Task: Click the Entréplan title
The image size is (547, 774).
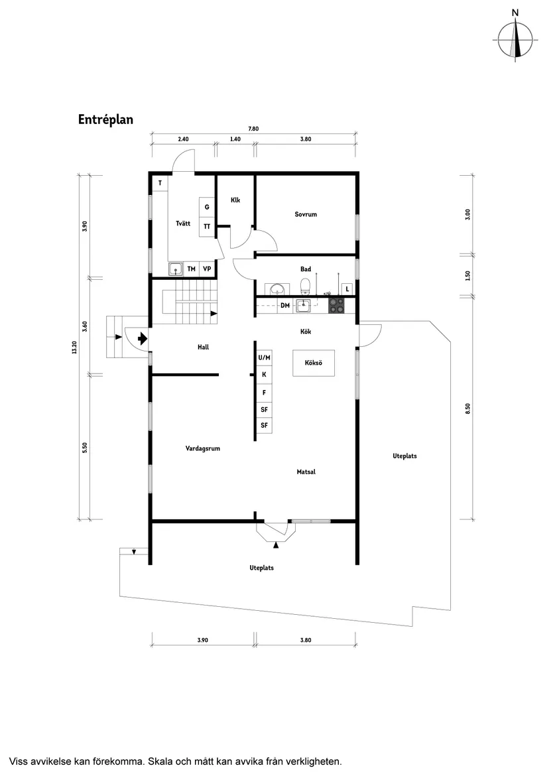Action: (106, 119)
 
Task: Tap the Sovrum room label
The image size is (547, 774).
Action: (306, 214)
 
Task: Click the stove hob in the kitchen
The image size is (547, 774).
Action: (337, 305)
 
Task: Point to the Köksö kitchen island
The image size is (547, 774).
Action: (314, 363)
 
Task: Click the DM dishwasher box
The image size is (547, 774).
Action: (284, 305)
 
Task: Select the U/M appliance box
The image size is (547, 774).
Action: (264, 358)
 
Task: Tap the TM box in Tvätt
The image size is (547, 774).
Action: (191, 269)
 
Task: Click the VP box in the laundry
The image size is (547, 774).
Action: (207, 269)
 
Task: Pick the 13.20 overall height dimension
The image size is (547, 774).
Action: (74, 348)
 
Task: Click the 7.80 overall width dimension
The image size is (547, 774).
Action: (253, 129)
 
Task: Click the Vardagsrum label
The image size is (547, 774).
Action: (202, 448)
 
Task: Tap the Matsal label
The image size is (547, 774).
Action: (306, 472)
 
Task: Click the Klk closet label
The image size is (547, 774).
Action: (235, 200)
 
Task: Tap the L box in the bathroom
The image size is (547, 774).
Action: (347, 289)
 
